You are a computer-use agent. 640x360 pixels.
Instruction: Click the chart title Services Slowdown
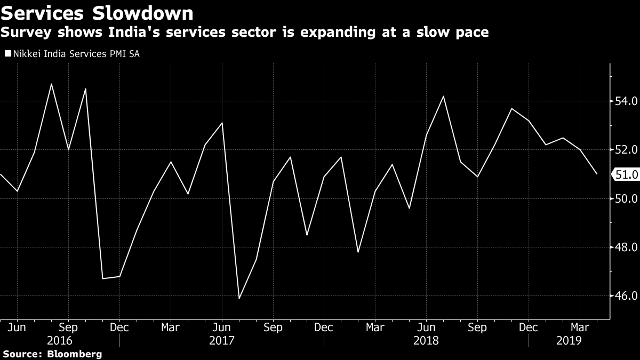point(97,13)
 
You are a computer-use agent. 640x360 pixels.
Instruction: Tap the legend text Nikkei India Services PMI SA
point(76,53)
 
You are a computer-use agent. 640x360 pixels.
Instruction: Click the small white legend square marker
point(7,53)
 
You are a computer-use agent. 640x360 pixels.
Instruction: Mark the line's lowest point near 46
point(239,298)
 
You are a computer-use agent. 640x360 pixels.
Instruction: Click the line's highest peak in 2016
point(51,84)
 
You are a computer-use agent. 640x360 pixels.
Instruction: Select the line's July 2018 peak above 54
point(444,96)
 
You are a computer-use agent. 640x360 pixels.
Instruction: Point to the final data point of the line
point(597,174)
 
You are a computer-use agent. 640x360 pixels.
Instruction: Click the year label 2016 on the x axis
point(60,340)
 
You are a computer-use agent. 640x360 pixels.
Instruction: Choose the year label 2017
point(221,340)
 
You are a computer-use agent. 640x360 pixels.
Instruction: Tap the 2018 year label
point(426,340)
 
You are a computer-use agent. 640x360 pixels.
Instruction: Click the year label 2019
point(569,340)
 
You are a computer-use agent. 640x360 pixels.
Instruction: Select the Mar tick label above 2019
point(580,327)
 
